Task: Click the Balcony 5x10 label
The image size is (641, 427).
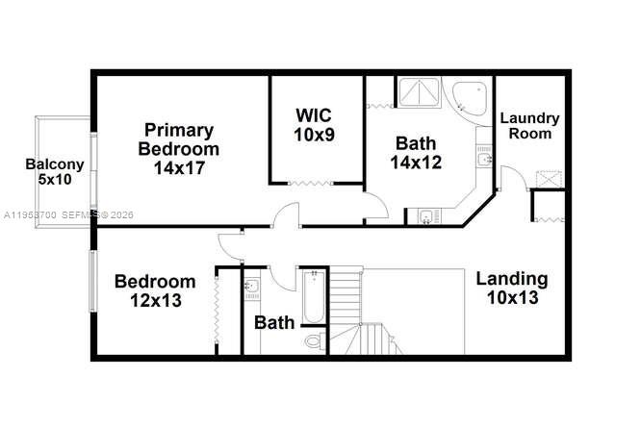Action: (47, 171)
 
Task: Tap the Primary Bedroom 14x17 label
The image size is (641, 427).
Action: (178, 148)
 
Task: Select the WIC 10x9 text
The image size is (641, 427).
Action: (314, 125)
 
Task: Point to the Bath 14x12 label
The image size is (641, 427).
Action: (416, 153)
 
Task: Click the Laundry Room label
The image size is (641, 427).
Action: (529, 125)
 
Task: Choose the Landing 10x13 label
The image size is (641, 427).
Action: (511, 289)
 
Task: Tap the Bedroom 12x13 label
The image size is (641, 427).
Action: (155, 290)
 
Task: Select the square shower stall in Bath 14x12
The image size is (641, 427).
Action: (419, 93)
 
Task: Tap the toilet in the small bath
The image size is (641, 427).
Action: (312, 341)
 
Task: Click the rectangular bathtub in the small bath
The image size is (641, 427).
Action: (312, 298)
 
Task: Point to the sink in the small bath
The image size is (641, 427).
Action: (252, 287)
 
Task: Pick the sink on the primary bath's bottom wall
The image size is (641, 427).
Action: (425, 215)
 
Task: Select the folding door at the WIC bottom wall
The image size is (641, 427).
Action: (314, 183)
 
